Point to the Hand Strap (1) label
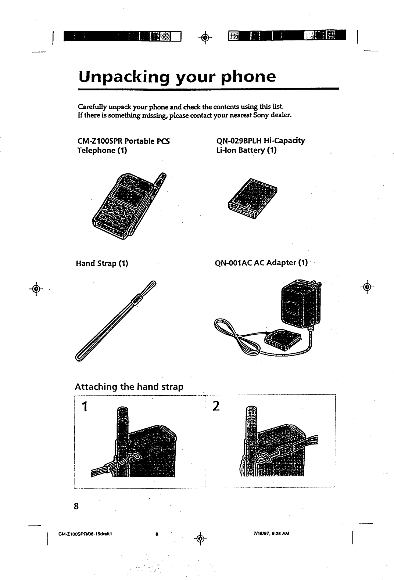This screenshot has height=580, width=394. point(102,263)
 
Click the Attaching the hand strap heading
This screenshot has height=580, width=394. point(129,387)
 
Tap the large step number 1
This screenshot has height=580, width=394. point(85,407)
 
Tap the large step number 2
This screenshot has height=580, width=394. point(216,406)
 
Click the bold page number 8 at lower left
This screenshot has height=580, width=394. point(76,507)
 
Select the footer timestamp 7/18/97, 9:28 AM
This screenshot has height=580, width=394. point(270,533)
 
